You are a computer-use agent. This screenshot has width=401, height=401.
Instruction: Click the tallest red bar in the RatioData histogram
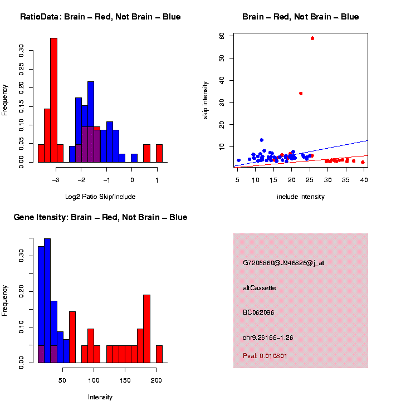click(54, 100)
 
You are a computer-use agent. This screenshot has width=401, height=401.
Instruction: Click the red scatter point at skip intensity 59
click(312, 38)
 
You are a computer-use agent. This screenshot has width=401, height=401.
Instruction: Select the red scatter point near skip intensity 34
click(301, 93)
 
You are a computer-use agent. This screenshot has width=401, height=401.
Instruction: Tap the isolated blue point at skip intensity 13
click(261, 140)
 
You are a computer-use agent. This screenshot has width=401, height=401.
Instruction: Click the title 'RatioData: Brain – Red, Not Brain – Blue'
click(100, 17)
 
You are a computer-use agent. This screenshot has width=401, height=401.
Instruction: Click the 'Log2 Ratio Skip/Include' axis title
click(100, 196)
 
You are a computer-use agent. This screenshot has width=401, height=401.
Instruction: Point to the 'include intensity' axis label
click(301, 197)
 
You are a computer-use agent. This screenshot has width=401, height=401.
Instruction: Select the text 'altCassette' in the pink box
click(260, 288)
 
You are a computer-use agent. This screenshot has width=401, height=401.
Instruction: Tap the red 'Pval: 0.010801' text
click(265, 355)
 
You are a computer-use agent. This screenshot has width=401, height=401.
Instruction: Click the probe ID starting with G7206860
click(283, 263)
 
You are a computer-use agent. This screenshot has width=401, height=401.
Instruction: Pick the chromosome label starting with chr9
click(268, 338)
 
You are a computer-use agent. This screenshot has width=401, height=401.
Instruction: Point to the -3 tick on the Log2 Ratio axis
click(55, 180)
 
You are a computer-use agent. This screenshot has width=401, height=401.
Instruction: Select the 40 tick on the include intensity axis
click(364, 180)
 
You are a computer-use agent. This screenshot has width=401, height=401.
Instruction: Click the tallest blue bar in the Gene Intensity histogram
click(47, 301)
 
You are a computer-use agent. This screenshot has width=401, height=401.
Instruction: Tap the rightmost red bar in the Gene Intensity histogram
click(159, 354)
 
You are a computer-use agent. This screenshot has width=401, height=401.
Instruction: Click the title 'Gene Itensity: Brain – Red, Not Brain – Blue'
click(100, 217)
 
